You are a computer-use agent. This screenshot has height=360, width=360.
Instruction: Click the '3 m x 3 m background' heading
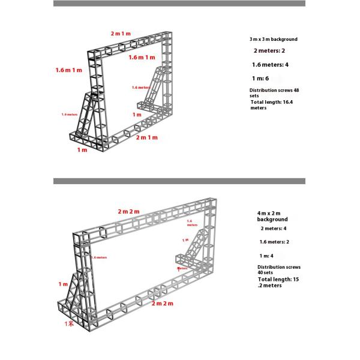[x=273, y=39]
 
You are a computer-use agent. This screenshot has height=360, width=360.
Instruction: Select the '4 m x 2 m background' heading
[x=272, y=216]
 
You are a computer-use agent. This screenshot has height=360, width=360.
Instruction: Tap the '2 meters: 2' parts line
[x=269, y=51]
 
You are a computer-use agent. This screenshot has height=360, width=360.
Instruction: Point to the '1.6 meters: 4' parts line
[x=271, y=64]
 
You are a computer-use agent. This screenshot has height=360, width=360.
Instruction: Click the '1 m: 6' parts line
[x=260, y=78]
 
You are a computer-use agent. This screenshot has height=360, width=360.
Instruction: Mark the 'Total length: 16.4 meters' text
[x=267, y=105]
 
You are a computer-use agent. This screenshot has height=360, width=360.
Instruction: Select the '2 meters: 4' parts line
[x=274, y=229]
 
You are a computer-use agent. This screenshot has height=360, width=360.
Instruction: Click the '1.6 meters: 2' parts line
[x=274, y=242]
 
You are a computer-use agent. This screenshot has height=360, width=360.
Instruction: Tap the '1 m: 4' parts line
[x=267, y=256]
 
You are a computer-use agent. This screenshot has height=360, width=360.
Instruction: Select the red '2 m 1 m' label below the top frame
[x=146, y=137]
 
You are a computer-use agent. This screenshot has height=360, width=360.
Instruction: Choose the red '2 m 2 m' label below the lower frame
[x=162, y=304]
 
